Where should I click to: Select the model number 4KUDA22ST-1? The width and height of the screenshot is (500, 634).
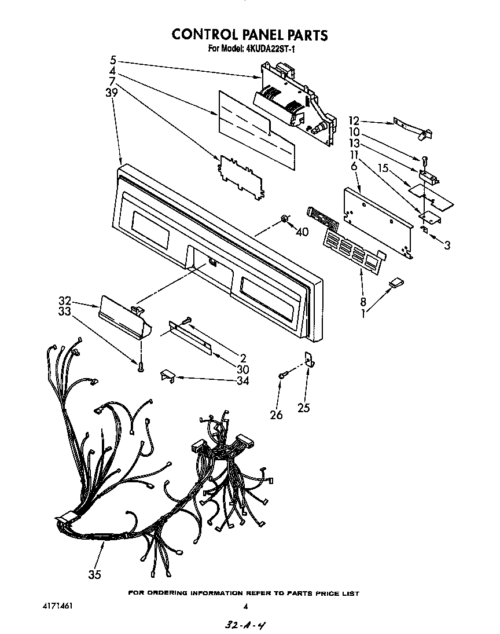[x=270, y=49]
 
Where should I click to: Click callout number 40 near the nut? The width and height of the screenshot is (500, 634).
[x=302, y=232]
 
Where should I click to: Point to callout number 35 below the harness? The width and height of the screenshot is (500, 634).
[x=95, y=574]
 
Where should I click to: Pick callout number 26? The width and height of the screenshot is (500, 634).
[x=277, y=415]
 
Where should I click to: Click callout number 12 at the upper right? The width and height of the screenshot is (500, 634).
[x=354, y=121]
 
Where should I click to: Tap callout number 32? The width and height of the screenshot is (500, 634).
[x=65, y=301]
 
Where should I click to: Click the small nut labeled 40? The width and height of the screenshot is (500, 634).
[x=285, y=218]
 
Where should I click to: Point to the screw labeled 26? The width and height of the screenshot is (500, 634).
[x=282, y=375]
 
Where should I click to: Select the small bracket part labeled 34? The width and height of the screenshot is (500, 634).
[x=168, y=375]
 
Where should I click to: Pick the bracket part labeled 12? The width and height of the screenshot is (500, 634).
[x=414, y=128]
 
